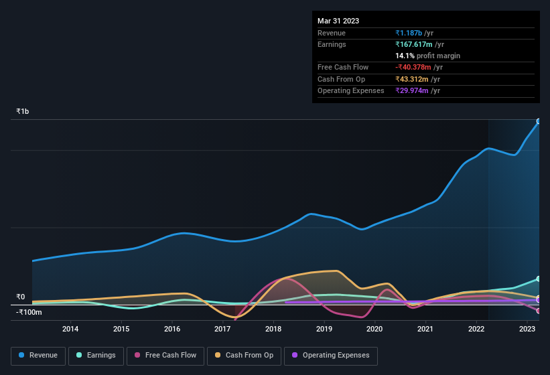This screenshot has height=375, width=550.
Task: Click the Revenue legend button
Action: pyautogui.click(x=38, y=356)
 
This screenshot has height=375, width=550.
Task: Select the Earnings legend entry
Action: pyautogui.click(x=96, y=356)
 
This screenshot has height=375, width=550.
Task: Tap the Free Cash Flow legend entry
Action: pyautogui.click(x=165, y=356)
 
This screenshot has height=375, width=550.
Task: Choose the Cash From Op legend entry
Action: pyautogui.click(x=243, y=356)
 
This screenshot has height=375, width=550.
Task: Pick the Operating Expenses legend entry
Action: pyautogui.click(x=331, y=356)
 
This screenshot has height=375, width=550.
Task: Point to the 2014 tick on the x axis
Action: pyautogui.click(x=70, y=329)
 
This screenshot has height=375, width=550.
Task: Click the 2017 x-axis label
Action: pyautogui.click(x=222, y=329)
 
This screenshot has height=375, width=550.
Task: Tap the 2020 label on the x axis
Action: pyautogui.click(x=374, y=329)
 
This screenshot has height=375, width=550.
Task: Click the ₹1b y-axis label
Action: pyautogui.click(x=23, y=111)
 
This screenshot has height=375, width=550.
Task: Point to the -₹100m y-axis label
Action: pyautogui.click(x=29, y=312)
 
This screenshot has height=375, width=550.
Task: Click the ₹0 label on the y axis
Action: pyautogui.click(x=21, y=297)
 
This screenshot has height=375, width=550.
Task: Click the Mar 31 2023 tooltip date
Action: pyautogui.click(x=338, y=21)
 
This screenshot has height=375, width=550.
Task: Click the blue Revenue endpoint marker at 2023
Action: pyautogui.click(x=539, y=122)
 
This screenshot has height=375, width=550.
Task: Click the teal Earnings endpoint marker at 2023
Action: pyautogui.click(x=539, y=279)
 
